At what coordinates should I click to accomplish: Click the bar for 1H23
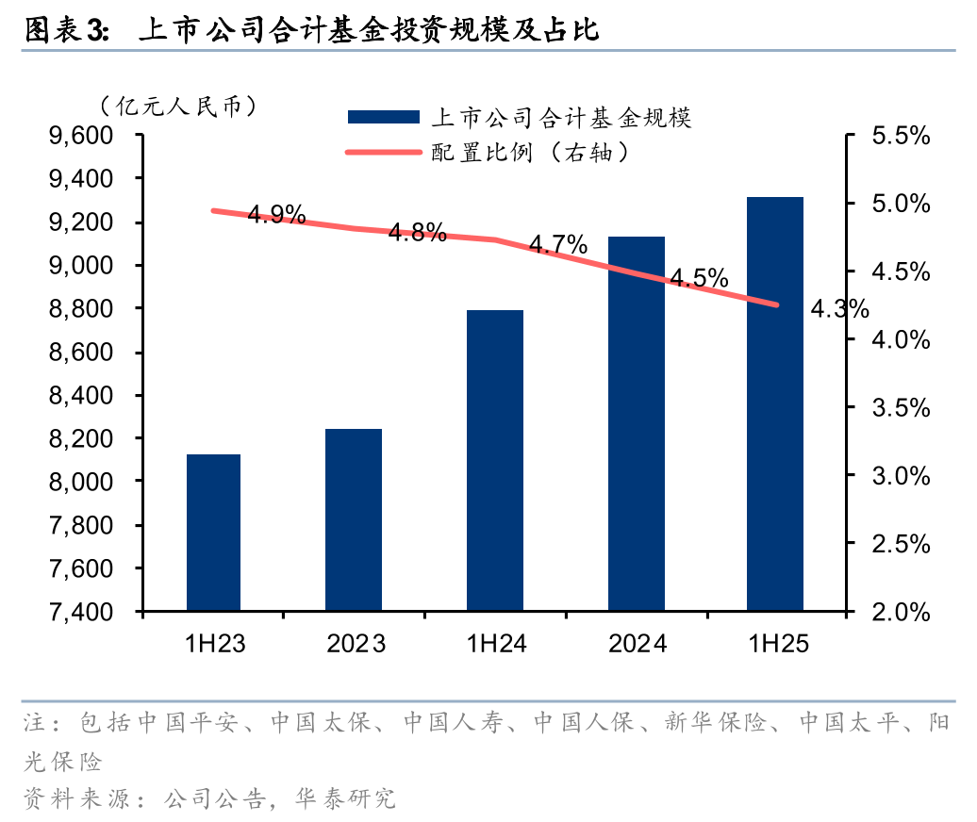click(x=213, y=533)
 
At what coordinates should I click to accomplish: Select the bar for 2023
click(x=354, y=519)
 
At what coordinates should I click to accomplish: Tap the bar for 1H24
click(x=495, y=460)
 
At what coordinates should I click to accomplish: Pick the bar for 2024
click(x=637, y=423)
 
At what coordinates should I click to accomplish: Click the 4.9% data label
click(x=276, y=215)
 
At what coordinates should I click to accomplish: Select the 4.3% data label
click(x=839, y=308)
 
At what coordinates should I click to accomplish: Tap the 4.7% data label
click(x=558, y=246)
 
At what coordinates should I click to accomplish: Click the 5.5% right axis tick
click(x=901, y=136)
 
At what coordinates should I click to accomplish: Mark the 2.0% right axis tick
click(x=901, y=612)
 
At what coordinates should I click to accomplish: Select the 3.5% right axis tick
click(x=901, y=407)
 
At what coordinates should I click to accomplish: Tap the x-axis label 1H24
click(x=496, y=645)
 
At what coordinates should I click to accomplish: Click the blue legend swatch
click(x=383, y=117)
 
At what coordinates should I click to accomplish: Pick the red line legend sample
click(x=383, y=151)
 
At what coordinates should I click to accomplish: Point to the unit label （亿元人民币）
click(x=179, y=107)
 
